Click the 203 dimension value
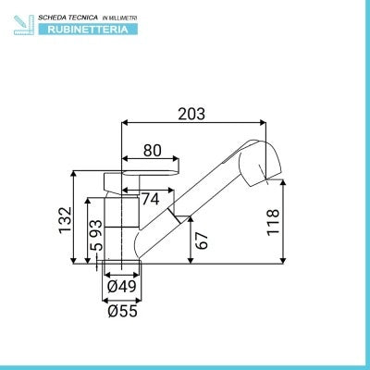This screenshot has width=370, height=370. coord(191,114)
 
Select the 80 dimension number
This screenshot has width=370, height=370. coord(153,151)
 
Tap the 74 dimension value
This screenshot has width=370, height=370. coord(151,199)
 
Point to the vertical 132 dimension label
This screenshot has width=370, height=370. coord(66,220)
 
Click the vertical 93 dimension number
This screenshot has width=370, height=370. coord(95,228)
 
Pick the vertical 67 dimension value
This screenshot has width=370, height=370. coord(202,240)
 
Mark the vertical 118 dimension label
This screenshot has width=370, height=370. coord(273,222)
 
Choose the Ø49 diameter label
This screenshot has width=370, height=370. coord(122,287)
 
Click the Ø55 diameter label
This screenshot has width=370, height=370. coord(122,311)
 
